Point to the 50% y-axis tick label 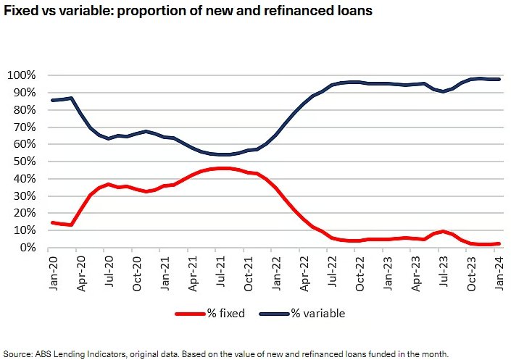click(x=22, y=162)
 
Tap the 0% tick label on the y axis click(x=25, y=248)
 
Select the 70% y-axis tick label click(x=22, y=127)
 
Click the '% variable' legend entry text click(x=319, y=314)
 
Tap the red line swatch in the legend click(x=190, y=314)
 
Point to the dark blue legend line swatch click(x=275, y=314)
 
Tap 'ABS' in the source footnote click(x=46, y=353)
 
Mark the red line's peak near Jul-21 click(x=223, y=168)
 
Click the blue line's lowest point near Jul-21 click(x=223, y=154)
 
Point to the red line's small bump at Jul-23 click(x=442, y=232)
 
